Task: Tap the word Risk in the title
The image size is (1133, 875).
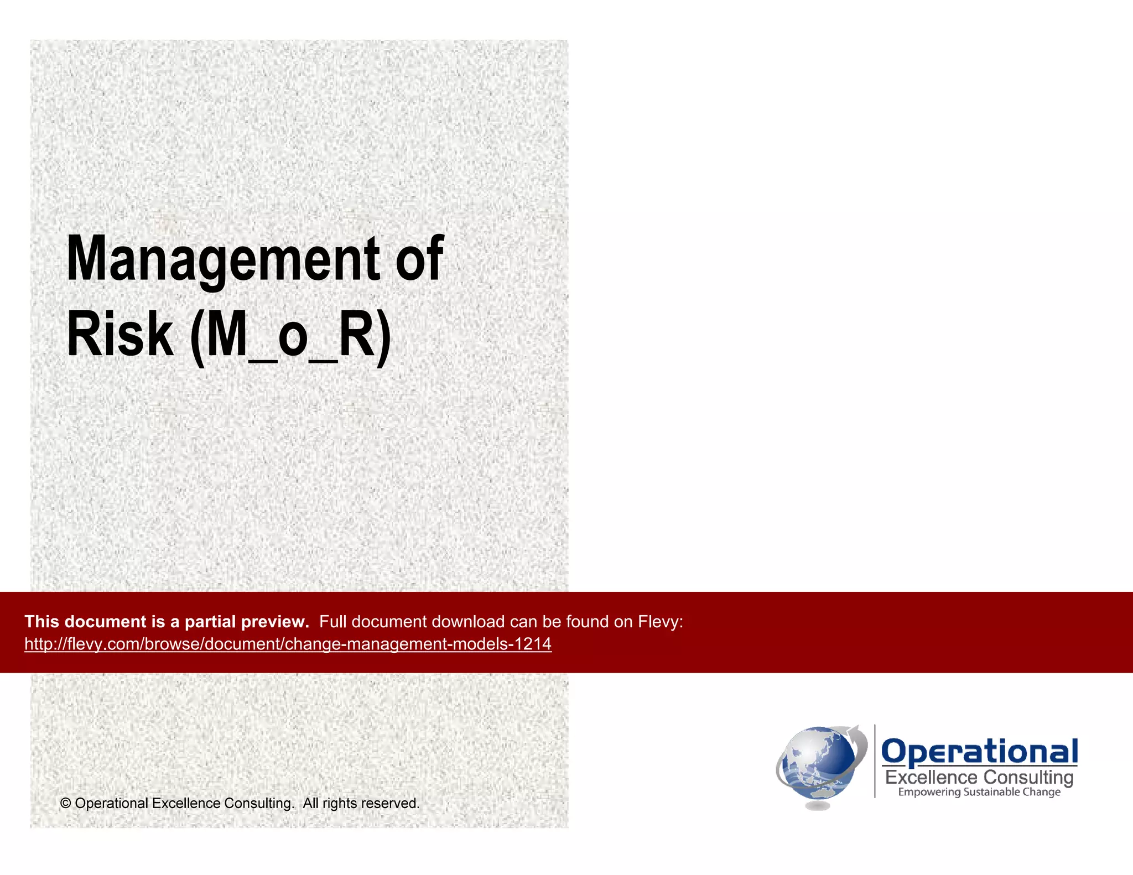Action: point(119,335)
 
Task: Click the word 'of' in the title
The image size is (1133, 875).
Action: point(419,258)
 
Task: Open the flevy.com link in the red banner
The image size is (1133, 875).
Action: point(288,644)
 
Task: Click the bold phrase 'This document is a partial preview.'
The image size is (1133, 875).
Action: point(167,622)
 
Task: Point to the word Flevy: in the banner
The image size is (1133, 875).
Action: point(661,622)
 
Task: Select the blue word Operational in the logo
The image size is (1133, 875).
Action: point(979,752)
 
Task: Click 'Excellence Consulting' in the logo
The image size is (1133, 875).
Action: point(979,778)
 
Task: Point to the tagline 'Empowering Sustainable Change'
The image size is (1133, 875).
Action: point(979,792)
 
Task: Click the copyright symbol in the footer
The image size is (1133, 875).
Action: point(66,804)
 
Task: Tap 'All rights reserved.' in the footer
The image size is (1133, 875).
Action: point(361,803)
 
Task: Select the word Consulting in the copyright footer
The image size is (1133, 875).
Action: point(258,804)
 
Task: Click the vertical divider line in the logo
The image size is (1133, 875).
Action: point(875,761)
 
